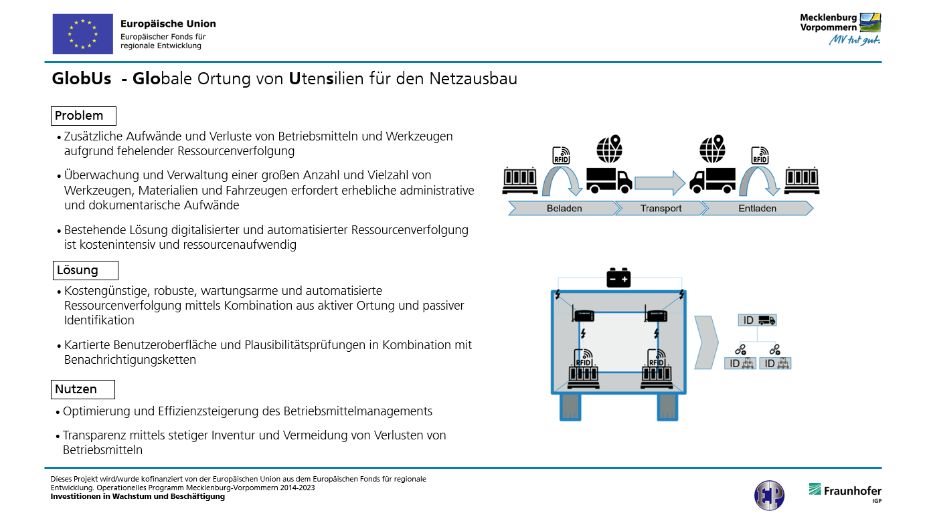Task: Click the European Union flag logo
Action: pyautogui.click(x=82, y=34)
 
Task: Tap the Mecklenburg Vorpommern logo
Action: pyautogui.click(x=841, y=27)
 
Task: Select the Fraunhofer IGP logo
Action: pyautogui.click(x=845, y=492)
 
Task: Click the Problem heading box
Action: pyautogui.click(x=84, y=116)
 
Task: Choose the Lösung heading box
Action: pyautogui.click(x=86, y=270)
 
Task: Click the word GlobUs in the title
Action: pyautogui.click(x=82, y=79)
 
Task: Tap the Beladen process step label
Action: pyautogui.click(x=564, y=208)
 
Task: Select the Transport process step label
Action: pyautogui.click(x=660, y=208)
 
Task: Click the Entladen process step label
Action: pyautogui.click(x=757, y=208)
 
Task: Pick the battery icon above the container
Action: pyautogui.click(x=618, y=278)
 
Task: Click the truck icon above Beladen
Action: pyautogui.click(x=608, y=180)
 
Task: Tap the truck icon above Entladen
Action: pyautogui.click(x=713, y=180)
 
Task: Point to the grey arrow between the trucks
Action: pyautogui.click(x=659, y=182)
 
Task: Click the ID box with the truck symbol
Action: pyautogui.click(x=757, y=320)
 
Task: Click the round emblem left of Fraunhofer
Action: pyautogui.click(x=769, y=496)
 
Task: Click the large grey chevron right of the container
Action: pyautogui.click(x=706, y=342)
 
